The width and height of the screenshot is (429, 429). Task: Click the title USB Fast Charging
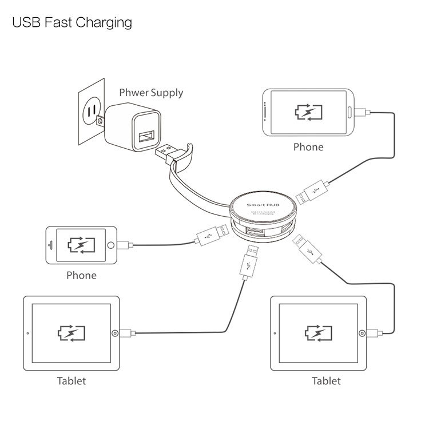[72, 23]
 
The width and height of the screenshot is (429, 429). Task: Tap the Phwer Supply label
[151, 92]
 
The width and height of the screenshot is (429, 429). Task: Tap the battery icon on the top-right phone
[308, 112]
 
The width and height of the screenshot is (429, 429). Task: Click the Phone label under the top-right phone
[308, 147]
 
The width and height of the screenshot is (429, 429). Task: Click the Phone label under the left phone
[81, 275]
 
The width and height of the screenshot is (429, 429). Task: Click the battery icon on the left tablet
[71, 333]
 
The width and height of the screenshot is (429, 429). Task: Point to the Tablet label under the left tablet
[71, 380]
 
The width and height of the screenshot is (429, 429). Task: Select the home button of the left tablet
[115, 333]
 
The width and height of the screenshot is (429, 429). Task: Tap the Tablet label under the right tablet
[326, 380]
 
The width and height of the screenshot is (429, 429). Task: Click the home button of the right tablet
[361, 333]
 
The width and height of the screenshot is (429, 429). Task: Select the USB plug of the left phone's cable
[205, 236]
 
